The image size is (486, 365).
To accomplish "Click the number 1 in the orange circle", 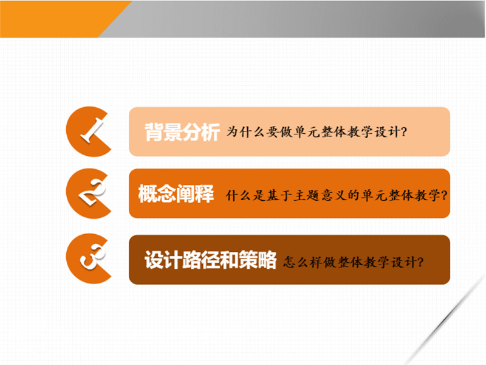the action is (x=92, y=131).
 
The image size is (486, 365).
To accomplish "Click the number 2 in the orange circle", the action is (x=92, y=193).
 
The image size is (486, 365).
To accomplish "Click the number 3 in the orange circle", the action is (x=92, y=257).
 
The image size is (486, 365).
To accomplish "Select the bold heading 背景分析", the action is (x=182, y=132).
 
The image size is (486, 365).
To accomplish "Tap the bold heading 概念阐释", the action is (x=176, y=193).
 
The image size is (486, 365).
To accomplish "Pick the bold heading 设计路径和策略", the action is (x=210, y=260).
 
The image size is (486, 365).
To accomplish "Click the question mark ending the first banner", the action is (x=403, y=132).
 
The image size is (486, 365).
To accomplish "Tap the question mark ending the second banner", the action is (x=444, y=195).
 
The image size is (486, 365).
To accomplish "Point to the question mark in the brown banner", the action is (x=420, y=262).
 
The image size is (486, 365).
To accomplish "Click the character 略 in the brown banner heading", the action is (x=267, y=260).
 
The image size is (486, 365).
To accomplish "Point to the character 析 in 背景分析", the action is (x=211, y=132).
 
